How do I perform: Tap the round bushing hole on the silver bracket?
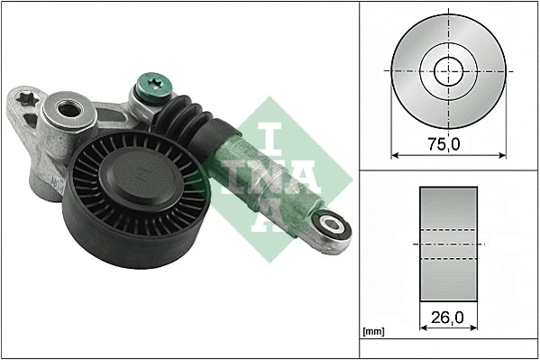click(x=67, y=112)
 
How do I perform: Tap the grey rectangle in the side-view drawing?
click(x=447, y=244)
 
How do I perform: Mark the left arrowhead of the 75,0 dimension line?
click(x=394, y=153)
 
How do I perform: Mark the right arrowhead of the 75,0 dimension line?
click(x=503, y=153)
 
